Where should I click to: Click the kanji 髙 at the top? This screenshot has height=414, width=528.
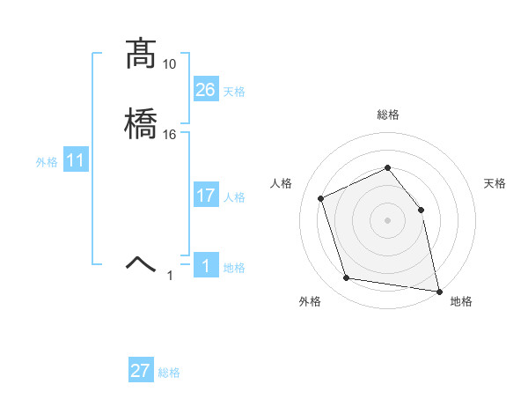point(141,55)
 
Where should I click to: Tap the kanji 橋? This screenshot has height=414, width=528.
point(141,123)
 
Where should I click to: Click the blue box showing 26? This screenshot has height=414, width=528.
point(206,89)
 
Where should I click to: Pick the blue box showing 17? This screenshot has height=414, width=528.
point(206,196)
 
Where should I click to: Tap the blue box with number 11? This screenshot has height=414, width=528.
point(76,161)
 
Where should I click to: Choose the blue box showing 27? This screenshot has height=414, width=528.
point(141,371)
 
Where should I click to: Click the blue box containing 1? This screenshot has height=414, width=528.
point(206,266)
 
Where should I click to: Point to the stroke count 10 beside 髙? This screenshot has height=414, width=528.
point(170,65)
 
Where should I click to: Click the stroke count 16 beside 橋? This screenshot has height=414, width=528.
point(170,134)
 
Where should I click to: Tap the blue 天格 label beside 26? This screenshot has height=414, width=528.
point(234,92)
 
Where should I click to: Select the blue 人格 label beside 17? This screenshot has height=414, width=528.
point(234,197)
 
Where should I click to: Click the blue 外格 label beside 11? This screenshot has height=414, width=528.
point(46,162)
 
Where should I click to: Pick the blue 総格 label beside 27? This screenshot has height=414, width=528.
point(169,373)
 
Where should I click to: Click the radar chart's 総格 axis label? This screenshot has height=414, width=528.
point(387,115)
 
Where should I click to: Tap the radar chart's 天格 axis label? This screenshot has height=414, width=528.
point(495,183)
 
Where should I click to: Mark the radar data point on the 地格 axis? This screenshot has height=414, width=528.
point(437,290)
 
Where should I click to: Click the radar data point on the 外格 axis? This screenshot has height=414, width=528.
point(347,278)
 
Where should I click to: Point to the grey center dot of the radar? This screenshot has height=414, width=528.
point(387,220)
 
